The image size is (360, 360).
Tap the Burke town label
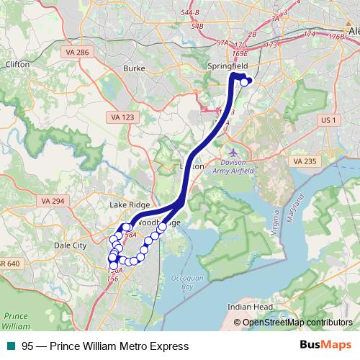tap(134, 68)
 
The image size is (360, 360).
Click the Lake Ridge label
tap(127, 204)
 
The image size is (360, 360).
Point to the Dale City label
tap(69, 246)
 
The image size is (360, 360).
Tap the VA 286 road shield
tap(56, 53)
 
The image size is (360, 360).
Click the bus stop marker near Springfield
tap(244, 82)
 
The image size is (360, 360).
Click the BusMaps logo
tap(325, 346)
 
